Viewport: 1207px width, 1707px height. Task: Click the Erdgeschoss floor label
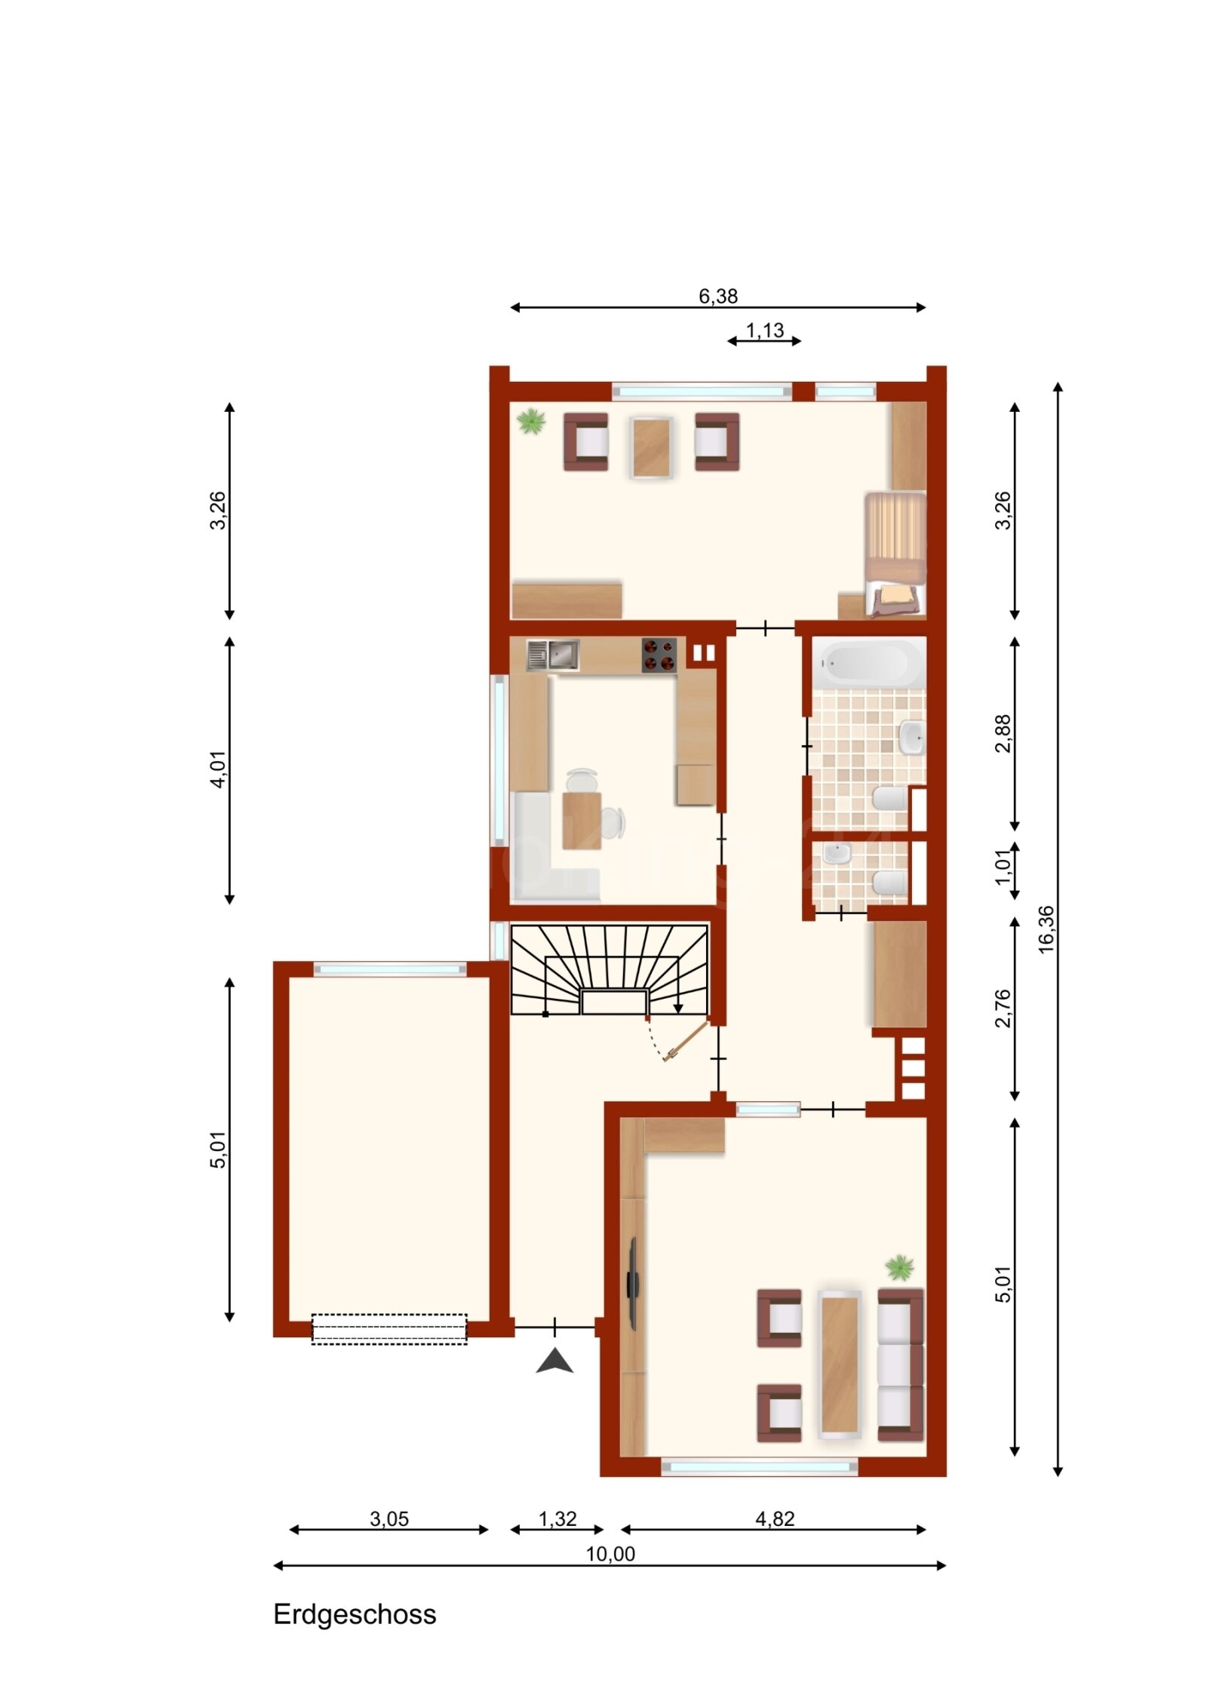tap(354, 1613)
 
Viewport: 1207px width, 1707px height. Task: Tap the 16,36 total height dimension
tap(1046, 929)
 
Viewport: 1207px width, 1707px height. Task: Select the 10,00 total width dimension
tap(610, 1553)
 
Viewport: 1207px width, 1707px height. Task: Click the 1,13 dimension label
tap(764, 330)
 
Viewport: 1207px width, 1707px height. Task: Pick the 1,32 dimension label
tap(557, 1518)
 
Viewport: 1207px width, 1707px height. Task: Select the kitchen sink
tap(553, 655)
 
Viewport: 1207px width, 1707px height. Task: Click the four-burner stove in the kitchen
tap(659, 655)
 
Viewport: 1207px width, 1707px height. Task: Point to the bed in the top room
tap(895, 554)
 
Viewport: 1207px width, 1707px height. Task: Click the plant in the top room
tap(531, 421)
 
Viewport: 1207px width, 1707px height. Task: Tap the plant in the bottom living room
tap(899, 1267)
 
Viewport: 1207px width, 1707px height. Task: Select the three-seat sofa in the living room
tap(900, 1365)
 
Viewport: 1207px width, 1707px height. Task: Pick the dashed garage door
tap(389, 1328)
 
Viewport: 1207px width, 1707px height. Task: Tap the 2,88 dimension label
tap(1003, 733)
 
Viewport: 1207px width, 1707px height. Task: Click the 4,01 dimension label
tap(217, 769)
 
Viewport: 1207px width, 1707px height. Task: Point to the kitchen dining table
tap(581, 821)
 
